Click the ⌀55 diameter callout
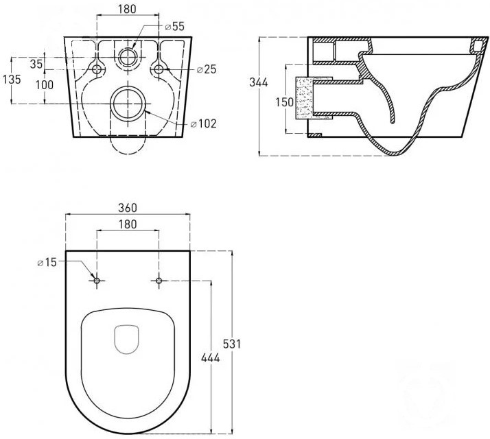(175, 27)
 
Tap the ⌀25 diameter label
(207, 69)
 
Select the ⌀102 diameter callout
(203, 123)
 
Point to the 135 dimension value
(12, 80)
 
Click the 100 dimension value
(45, 84)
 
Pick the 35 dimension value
(36, 64)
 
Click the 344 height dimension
(259, 82)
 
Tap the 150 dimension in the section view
(284, 102)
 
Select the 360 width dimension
(128, 208)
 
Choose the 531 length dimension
(232, 344)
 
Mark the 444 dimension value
(210, 358)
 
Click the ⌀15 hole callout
(47, 263)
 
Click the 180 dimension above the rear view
(128, 10)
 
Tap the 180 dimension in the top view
(128, 224)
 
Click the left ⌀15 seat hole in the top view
(97, 281)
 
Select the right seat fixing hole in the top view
(159, 281)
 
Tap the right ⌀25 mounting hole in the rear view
(159, 69)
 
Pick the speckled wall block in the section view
(304, 98)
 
